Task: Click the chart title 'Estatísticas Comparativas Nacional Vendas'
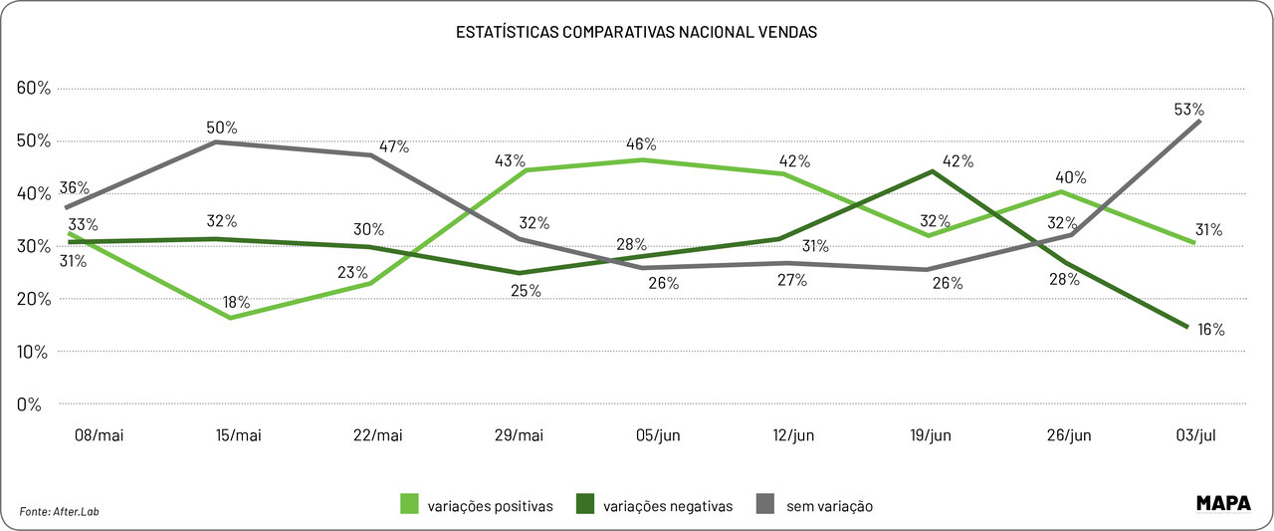click(636, 32)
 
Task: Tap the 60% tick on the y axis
click(34, 88)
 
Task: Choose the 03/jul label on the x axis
click(1195, 436)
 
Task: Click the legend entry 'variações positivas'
click(477, 505)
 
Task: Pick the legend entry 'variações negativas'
click(657, 505)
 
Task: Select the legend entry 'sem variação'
click(817, 505)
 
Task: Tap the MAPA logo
click(1222, 503)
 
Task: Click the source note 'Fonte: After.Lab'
click(60, 511)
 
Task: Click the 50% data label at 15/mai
click(222, 128)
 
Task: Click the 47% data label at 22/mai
click(396, 146)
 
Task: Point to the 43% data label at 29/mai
click(511, 160)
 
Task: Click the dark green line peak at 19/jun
click(930, 171)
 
